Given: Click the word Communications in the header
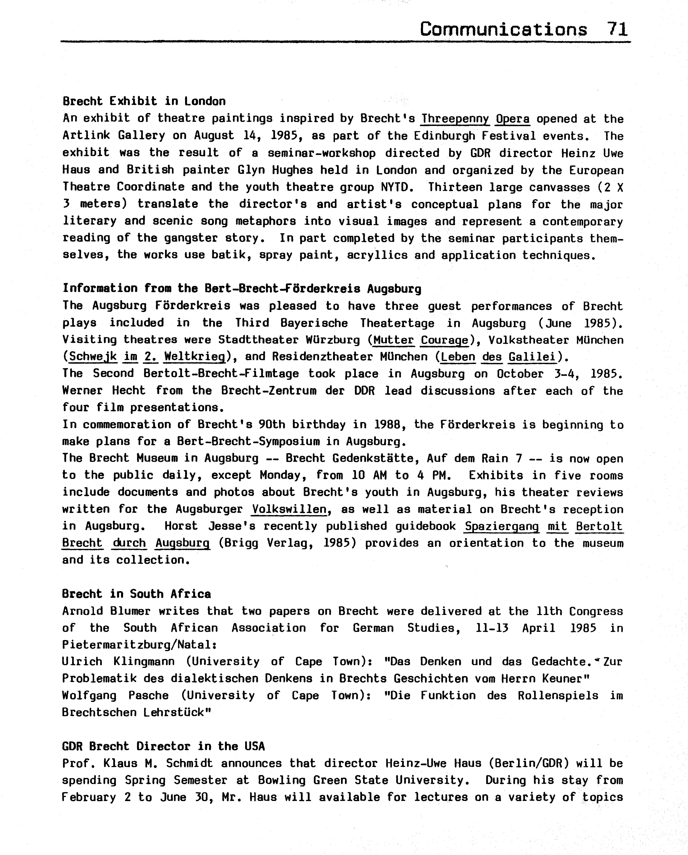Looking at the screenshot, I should [x=503, y=29].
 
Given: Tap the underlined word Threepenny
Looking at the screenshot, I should [x=455, y=119].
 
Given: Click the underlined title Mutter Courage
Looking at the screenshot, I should [x=421, y=340].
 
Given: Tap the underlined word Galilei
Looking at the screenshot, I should [x=532, y=357].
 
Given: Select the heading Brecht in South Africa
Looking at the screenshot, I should [x=136, y=594].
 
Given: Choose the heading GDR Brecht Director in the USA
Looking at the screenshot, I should [x=163, y=746].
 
